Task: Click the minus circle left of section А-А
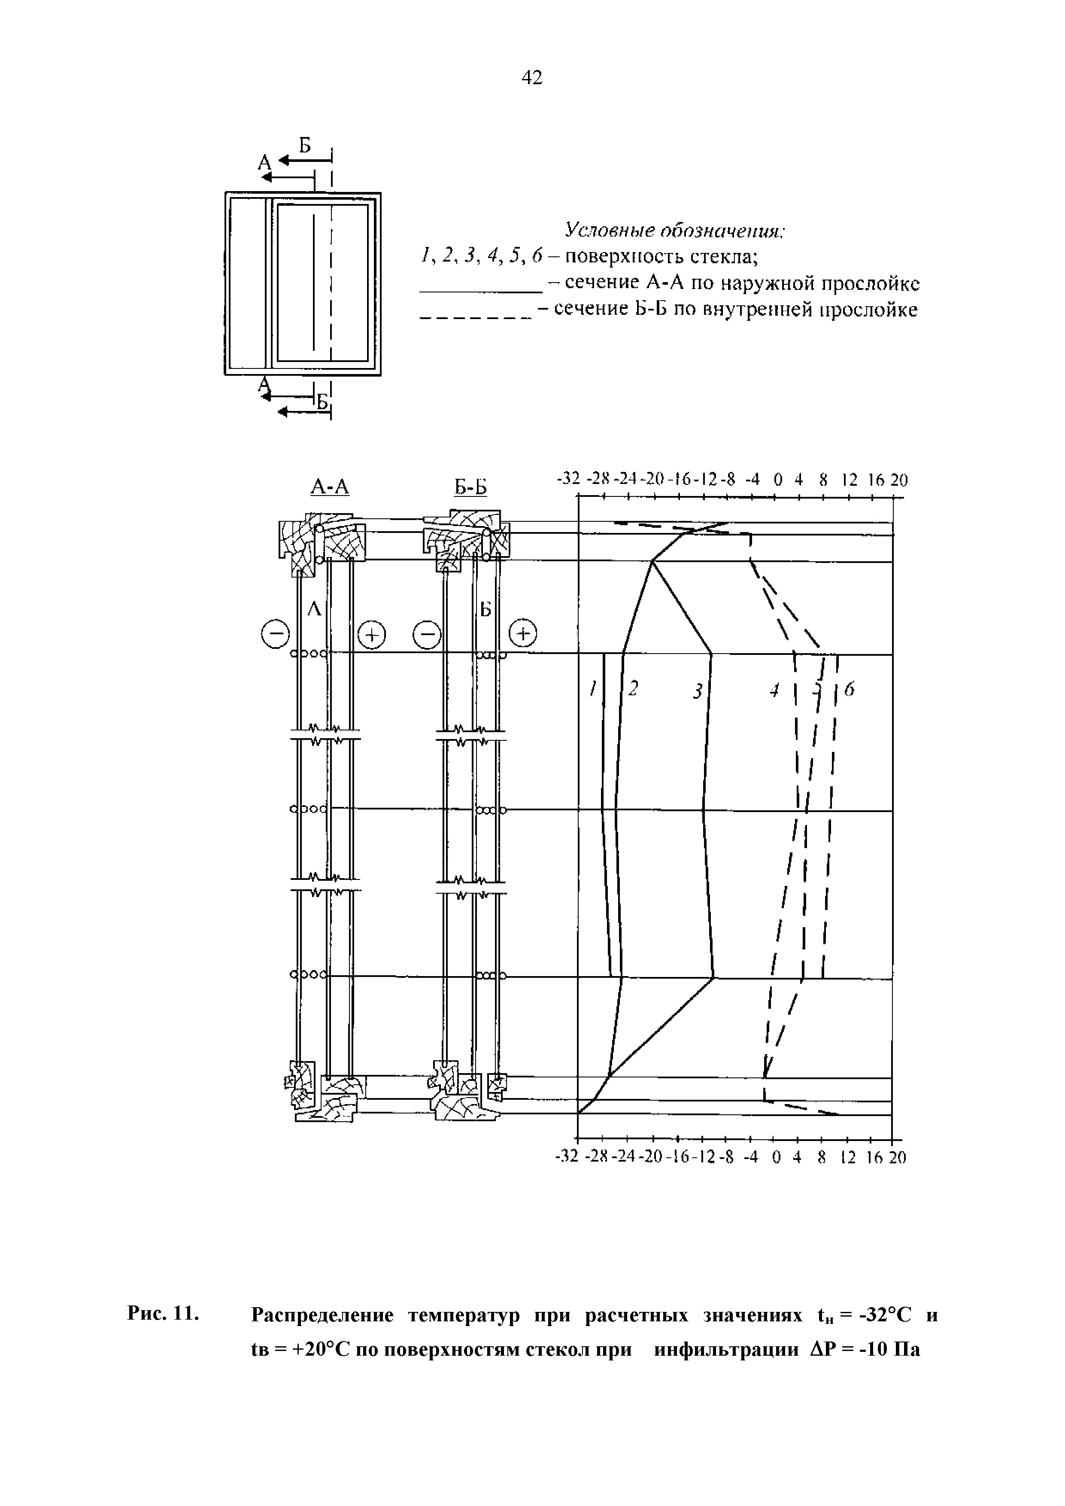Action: pos(276,634)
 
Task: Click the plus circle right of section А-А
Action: pos(372,634)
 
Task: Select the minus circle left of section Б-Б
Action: pos(427,634)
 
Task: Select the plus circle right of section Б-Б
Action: pos(523,633)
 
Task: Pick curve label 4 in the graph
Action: pos(774,690)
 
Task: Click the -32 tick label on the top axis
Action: pos(568,480)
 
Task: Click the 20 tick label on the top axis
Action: pos(900,480)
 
